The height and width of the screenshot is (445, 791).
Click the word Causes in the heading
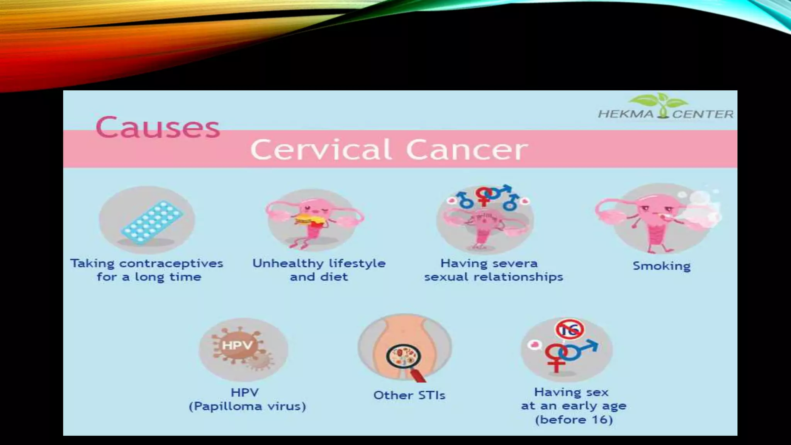[x=158, y=127]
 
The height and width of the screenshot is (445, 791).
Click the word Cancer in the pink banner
[x=467, y=149]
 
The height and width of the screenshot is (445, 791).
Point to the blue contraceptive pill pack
[x=153, y=222]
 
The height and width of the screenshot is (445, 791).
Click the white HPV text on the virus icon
[x=237, y=345]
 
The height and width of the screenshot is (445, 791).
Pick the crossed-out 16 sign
[x=569, y=330]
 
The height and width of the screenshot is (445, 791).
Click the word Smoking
[x=661, y=266]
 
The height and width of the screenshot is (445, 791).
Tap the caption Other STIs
[x=409, y=395]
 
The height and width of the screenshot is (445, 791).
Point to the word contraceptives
[x=171, y=263]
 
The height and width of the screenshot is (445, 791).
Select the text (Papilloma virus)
[x=247, y=406]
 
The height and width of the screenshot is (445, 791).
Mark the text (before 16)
[x=574, y=420]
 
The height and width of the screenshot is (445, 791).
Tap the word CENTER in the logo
[x=703, y=114]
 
